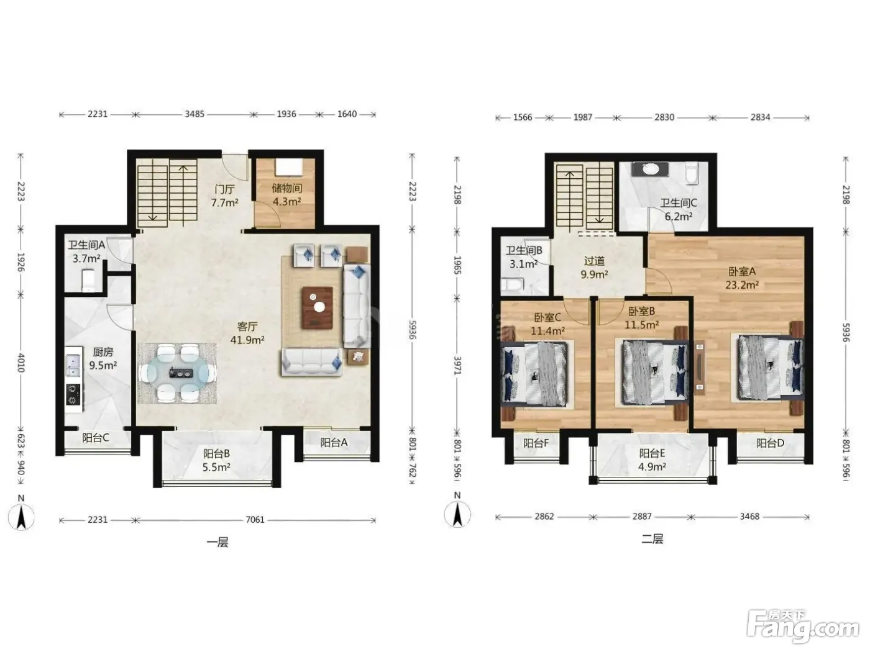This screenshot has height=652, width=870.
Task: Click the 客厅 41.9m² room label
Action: click(x=247, y=333)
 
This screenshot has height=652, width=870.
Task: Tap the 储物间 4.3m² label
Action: click(x=287, y=195)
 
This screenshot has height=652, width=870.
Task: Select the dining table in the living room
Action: click(x=178, y=373)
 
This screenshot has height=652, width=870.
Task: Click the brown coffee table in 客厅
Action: click(x=317, y=307)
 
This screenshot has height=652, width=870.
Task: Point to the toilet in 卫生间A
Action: click(x=88, y=279)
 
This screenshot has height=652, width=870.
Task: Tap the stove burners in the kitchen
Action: click(x=73, y=394)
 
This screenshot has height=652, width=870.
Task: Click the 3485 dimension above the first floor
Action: click(x=195, y=114)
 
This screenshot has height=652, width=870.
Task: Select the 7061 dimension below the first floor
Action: click(x=255, y=519)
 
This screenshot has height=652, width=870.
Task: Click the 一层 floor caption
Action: click(x=217, y=542)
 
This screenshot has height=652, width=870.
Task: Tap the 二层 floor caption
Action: click(x=652, y=539)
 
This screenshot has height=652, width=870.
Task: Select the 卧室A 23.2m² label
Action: click(x=742, y=278)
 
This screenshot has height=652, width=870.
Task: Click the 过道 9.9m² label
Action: click(x=594, y=267)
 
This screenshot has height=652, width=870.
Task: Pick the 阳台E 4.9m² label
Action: click(x=652, y=460)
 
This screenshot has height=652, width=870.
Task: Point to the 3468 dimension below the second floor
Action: click(x=749, y=516)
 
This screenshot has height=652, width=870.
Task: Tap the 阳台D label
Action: click(x=770, y=443)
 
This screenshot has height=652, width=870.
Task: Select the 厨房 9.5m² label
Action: click(x=103, y=358)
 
